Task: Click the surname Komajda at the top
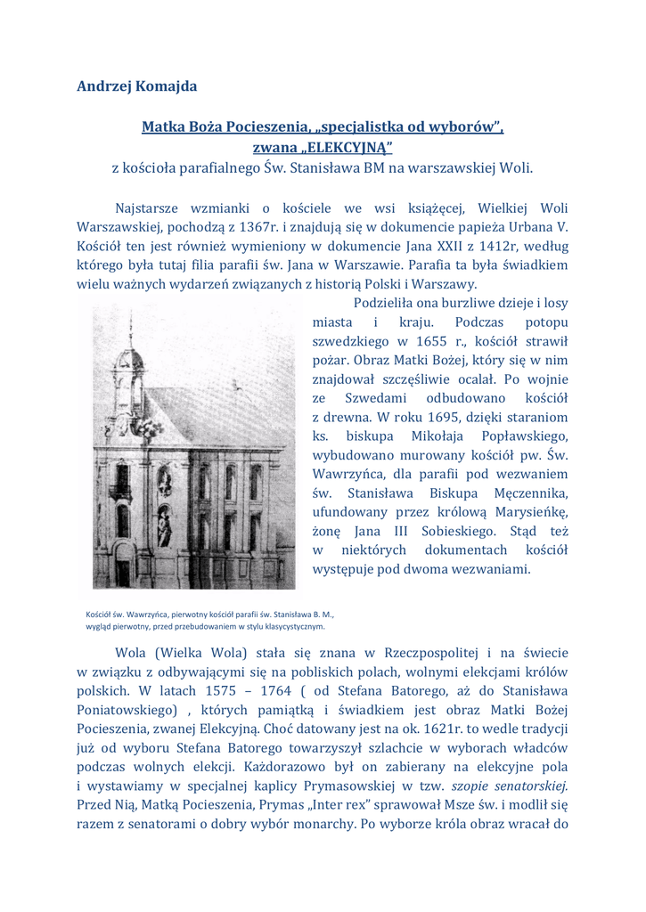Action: click(165, 86)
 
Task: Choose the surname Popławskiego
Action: click(525, 436)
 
